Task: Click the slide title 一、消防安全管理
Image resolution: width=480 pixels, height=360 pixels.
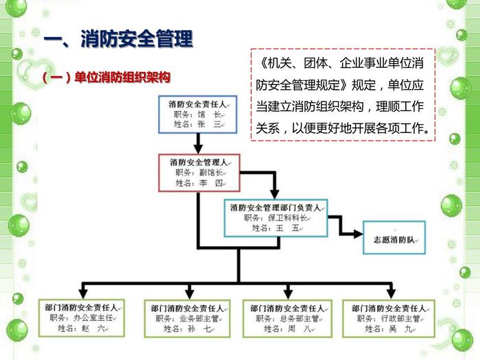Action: tap(118, 40)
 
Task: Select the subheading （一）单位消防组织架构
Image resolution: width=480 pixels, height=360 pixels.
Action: tap(106, 77)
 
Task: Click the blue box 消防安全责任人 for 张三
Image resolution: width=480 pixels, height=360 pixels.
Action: tap(198, 115)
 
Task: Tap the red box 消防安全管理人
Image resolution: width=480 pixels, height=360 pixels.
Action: tap(199, 172)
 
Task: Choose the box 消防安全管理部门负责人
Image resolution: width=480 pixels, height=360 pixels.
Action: tap(276, 217)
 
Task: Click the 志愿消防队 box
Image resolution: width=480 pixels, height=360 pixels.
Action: tap(394, 238)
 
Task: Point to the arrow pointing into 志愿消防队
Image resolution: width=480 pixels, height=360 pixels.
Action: tap(353, 233)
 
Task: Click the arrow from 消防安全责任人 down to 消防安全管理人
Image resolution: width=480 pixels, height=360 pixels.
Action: tap(198, 143)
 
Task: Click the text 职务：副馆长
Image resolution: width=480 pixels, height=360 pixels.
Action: tap(200, 173)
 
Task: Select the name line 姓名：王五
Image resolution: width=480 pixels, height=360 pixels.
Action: tap(276, 228)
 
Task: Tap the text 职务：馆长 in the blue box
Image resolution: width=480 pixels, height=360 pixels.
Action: tap(198, 115)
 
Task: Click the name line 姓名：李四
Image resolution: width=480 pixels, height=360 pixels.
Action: tap(200, 183)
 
